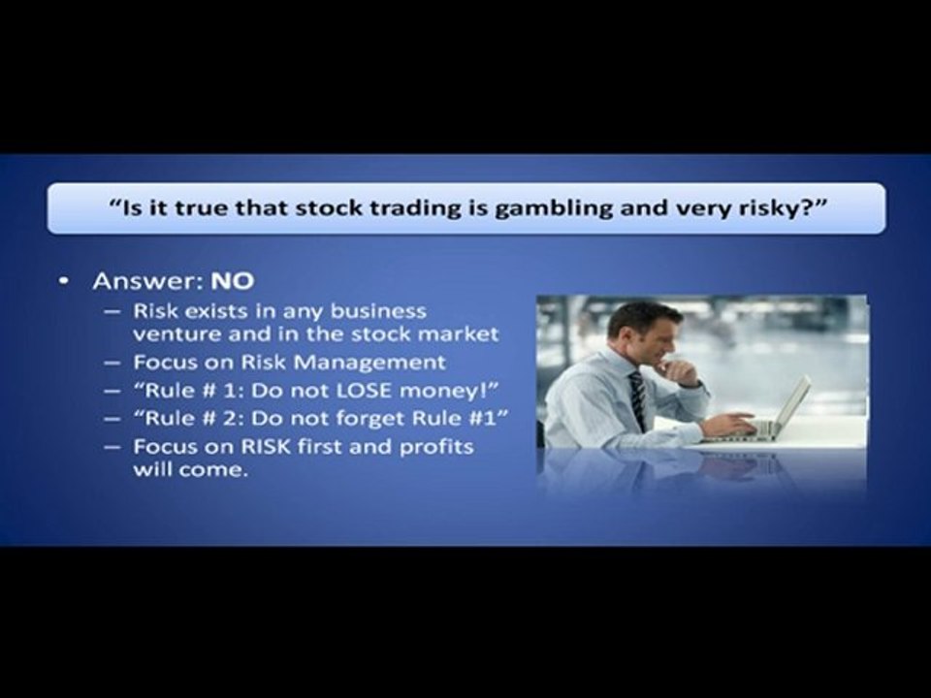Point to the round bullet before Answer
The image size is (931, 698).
click(63, 282)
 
